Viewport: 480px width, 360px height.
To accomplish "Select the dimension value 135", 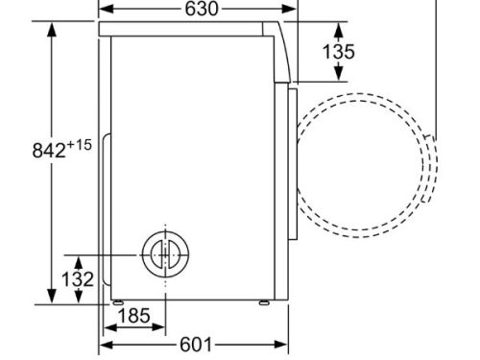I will [x=338, y=51].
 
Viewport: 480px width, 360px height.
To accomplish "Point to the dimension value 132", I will [x=78, y=279].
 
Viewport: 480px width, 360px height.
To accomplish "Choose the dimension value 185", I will [x=132, y=315].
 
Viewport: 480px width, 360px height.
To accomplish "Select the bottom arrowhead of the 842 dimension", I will [x=51, y=297].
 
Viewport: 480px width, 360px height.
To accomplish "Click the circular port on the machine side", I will [x=164, y=253].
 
